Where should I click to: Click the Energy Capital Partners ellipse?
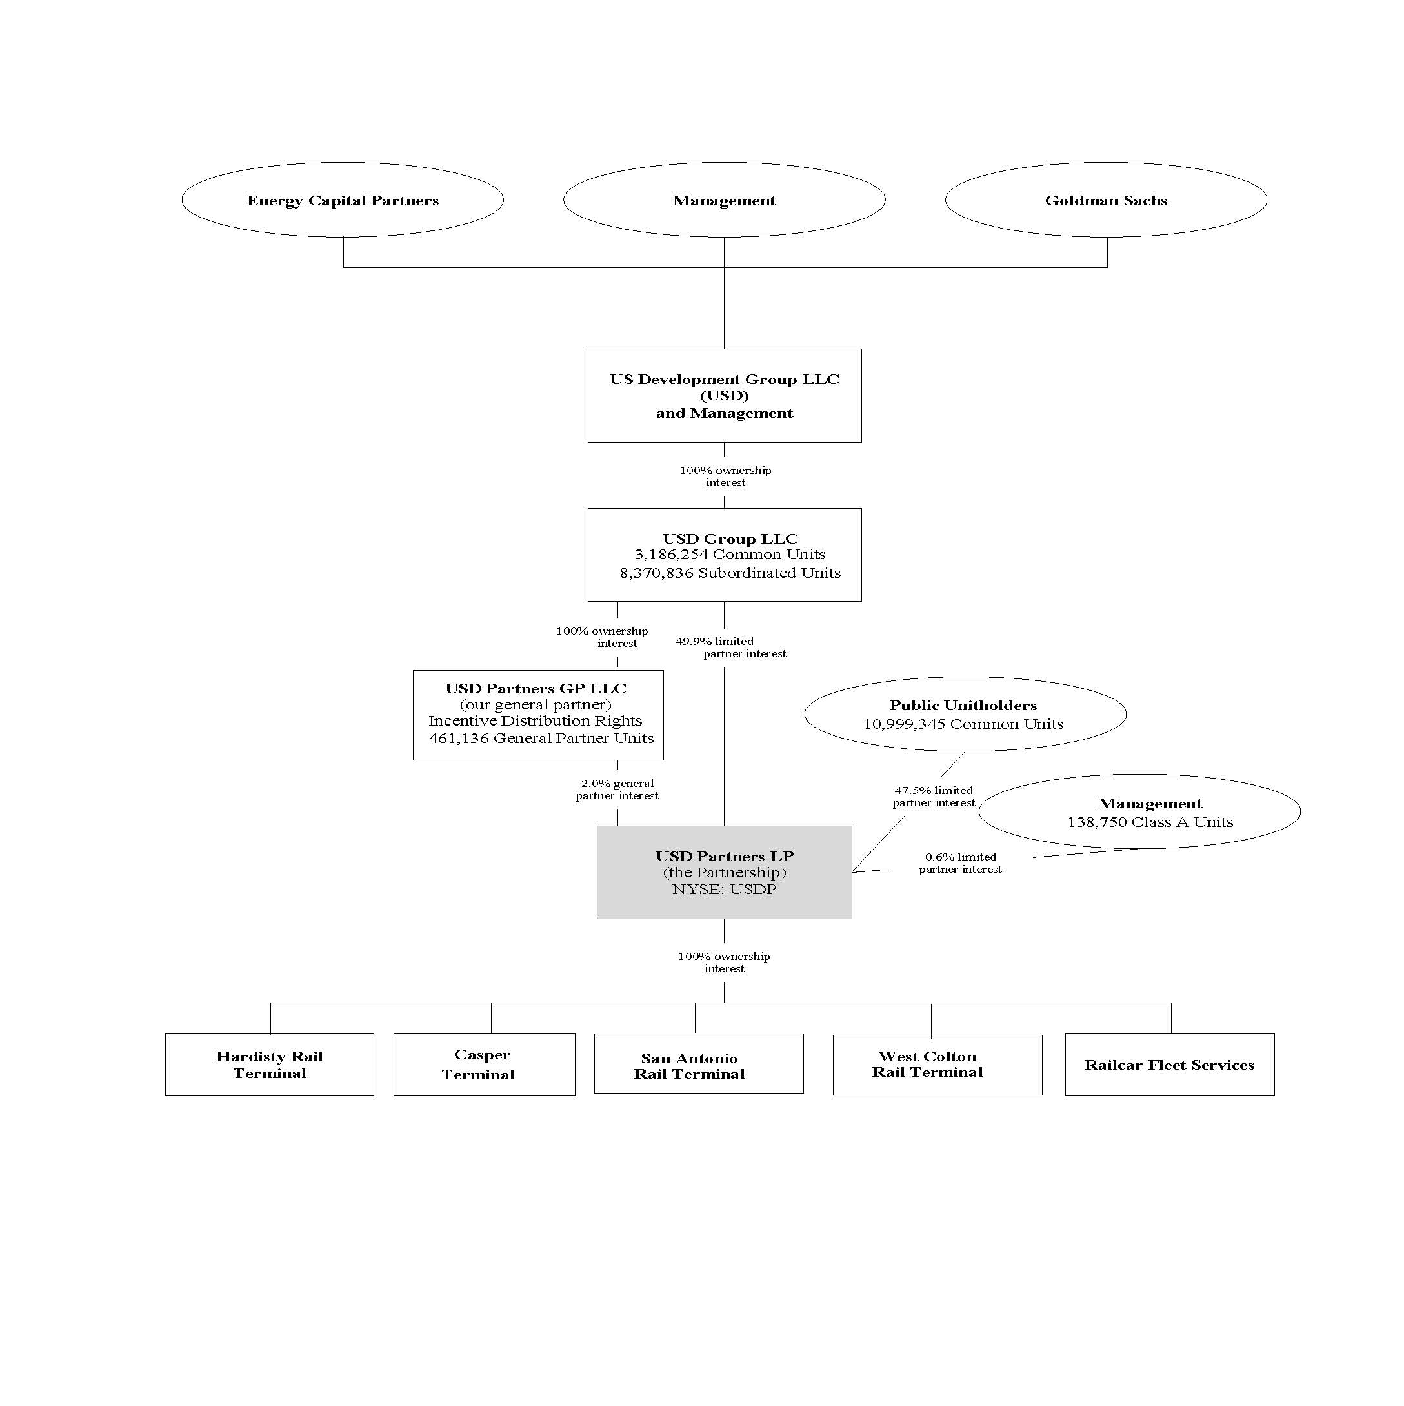[x=342, y=200]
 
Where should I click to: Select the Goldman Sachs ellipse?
[x=1105, y=200]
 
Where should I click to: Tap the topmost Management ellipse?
[x=724, y=200]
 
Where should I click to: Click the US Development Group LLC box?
[x=724, y=395]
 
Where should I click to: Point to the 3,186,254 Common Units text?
[x=730, y=555]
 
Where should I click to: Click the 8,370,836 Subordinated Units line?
[x=730, y=573]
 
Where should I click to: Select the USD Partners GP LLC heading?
[x=536, y=688]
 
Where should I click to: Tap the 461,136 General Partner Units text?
[x=541, y=738]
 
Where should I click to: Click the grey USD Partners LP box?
[x=724, y=872]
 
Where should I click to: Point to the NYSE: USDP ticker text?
[x=724, y=890]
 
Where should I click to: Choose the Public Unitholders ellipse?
[x=965, y=714]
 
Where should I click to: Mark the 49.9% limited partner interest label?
[x=730, y=647]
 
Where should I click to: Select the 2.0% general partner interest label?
[x=617, y=789]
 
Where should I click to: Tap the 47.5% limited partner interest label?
[x=934, y=796]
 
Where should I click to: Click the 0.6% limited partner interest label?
[x=959, y=863]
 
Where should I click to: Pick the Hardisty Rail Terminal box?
[x=269, y=1064]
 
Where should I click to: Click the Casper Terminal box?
[x=484, y=1064]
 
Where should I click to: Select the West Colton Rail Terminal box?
[x=936, y=1064]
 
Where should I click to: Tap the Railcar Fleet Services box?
[x=1169, y=1064]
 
